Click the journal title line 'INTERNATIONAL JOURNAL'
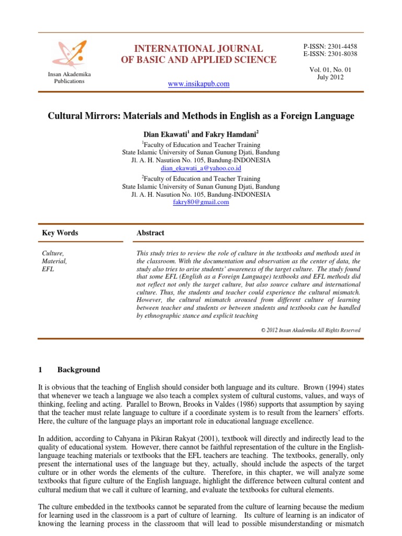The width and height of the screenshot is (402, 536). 198,49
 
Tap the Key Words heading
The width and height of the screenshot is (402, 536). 60,233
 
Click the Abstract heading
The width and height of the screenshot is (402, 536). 150,233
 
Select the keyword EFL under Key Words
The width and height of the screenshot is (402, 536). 48,269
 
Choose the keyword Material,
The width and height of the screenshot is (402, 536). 54,261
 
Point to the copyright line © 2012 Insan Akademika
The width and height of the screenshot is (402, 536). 310,330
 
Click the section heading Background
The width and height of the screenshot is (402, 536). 79,370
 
